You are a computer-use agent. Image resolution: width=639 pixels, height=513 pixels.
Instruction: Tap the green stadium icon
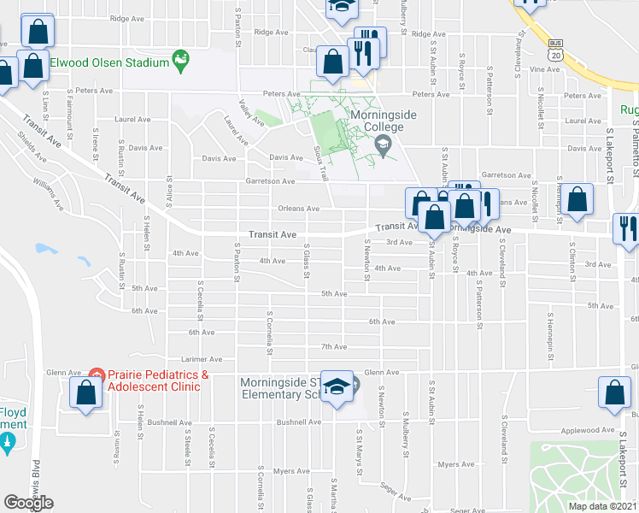[x=179, y=61]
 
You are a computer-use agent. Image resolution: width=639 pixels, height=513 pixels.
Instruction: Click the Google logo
[x=28, y=503]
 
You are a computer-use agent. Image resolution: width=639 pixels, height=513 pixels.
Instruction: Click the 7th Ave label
[x=333, y=346]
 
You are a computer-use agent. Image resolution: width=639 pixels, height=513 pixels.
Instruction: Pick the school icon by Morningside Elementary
[x=337, y=389]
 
